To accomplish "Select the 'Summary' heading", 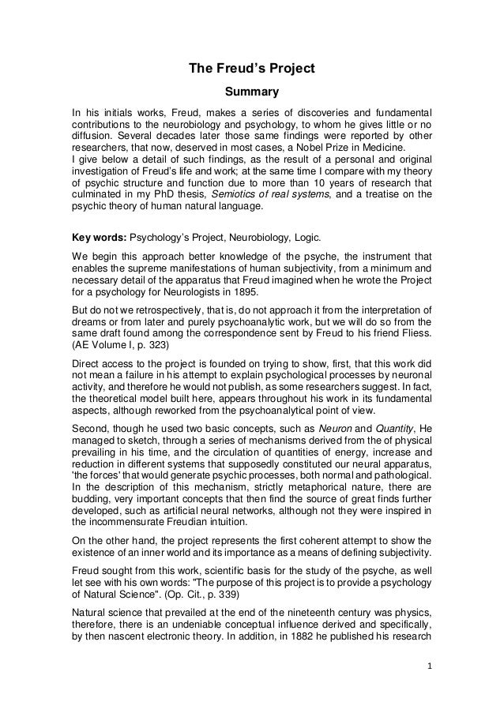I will pyautogui.click(x=251, y=93).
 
